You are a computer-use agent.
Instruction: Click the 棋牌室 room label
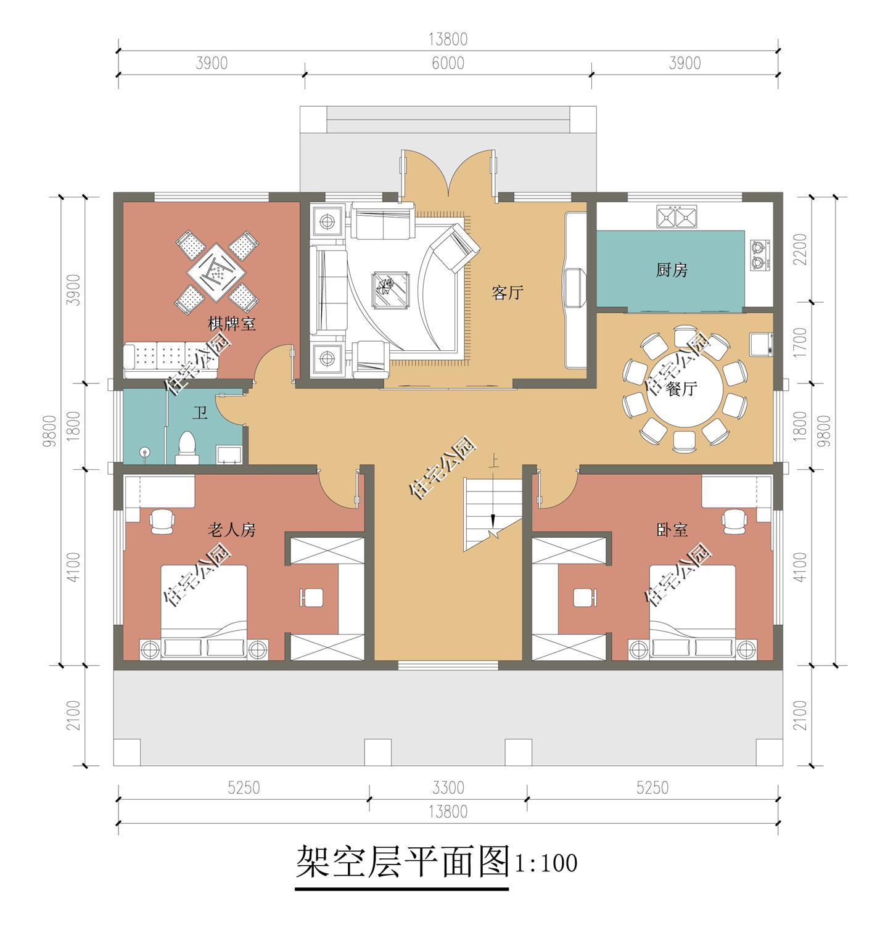[232, 324]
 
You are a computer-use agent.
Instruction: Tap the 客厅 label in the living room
[507, 292]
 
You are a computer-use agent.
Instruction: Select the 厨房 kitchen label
[672, 270]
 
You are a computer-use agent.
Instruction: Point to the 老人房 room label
[231, 530]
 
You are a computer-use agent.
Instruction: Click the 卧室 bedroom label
[672, 530]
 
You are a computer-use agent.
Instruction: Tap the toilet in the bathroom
[187, 448]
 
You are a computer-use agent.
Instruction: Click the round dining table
[684, 389]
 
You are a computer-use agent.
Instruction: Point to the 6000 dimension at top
[448, 64]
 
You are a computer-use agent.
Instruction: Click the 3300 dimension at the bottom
[448, 787]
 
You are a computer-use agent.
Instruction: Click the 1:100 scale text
[546, 863]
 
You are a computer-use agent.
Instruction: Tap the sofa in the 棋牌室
[171, 360]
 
